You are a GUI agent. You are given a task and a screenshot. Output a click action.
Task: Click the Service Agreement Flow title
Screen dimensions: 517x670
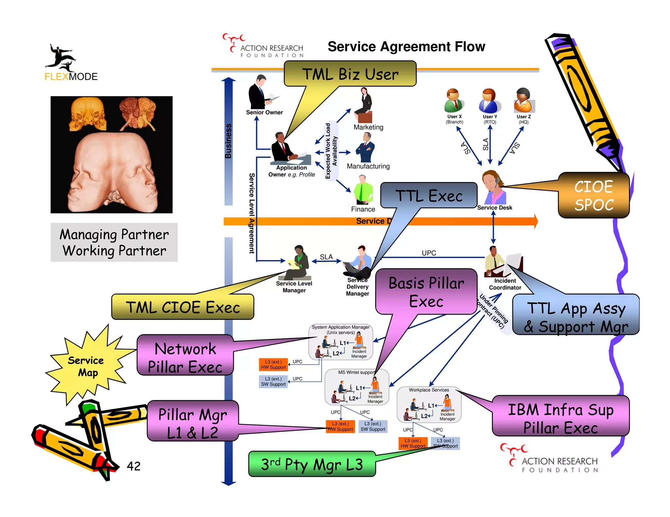coord(406,47)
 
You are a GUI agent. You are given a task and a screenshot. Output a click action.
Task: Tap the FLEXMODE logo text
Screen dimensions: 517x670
coord(71,76)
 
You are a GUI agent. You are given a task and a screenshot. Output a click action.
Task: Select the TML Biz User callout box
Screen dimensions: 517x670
coord(350,74)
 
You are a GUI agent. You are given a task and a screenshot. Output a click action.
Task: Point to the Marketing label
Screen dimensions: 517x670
coord(368,127)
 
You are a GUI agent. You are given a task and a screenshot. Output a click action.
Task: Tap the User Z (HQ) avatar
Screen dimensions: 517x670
coord(524,101)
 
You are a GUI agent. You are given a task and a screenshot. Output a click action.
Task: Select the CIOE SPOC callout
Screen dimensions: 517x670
coord(593,195)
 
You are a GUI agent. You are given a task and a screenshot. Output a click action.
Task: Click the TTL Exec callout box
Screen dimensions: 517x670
coord(429,195)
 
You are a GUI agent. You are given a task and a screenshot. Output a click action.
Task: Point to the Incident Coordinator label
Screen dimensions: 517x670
coord(505,284)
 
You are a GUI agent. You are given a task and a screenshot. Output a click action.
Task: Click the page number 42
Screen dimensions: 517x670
coord(133,466)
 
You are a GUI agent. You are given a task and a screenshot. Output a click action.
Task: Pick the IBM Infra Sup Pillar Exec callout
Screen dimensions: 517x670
coord(560,419)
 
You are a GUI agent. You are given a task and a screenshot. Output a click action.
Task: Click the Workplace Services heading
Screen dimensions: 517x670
coord(429,390)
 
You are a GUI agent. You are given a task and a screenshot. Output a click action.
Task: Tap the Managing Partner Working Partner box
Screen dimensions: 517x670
coord(114,242)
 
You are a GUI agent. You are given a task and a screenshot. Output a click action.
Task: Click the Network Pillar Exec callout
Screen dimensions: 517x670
coord(185,358)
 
